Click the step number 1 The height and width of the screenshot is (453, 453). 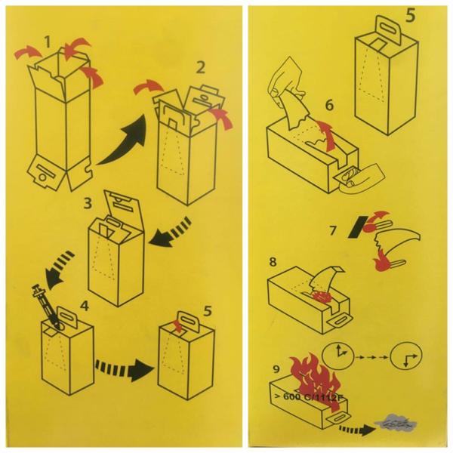point(48,42)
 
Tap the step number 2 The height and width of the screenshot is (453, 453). point(201,68)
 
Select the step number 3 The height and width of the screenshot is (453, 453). point(88,203)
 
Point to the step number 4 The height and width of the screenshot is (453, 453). point(84,306)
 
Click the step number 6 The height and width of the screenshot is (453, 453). point(330,105)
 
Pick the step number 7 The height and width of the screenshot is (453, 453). point(333,230)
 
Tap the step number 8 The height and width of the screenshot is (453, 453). point(273,262)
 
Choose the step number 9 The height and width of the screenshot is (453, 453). point(276,369)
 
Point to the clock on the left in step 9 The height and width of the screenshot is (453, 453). point(338,356)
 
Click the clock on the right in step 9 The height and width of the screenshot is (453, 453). point(406,356)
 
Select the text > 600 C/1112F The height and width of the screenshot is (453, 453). point(310,396)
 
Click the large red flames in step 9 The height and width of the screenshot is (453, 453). point(316,380)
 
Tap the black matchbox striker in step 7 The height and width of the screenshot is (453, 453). point(358,226)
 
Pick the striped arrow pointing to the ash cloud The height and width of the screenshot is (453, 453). point(355,429)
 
